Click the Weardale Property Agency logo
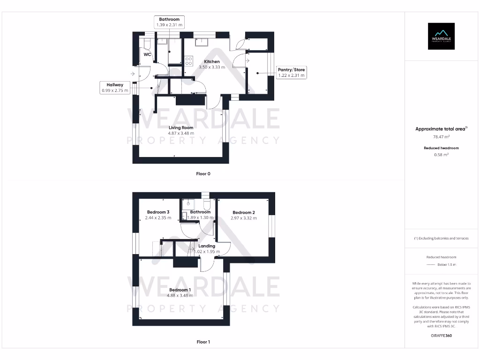(441, 36)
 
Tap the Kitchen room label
(212, 61)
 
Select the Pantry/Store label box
(291, 72)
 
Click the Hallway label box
(115, 87)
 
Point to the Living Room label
(181, 127)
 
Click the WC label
(147, 54)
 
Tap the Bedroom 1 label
(180, 290)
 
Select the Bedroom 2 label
(244, 212)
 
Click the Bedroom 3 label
(158, 212)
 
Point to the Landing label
(207, 246)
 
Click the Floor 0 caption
(203, 174)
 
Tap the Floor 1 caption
(203, 342)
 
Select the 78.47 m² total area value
(441, 137)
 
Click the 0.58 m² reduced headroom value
(441, 154)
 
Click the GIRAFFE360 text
(441, 336)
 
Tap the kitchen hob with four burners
(189, 61)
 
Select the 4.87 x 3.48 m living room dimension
(181, 133)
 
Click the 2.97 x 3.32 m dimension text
(244, 218)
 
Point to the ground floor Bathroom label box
(169, 22)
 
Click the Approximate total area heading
(441, 129)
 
